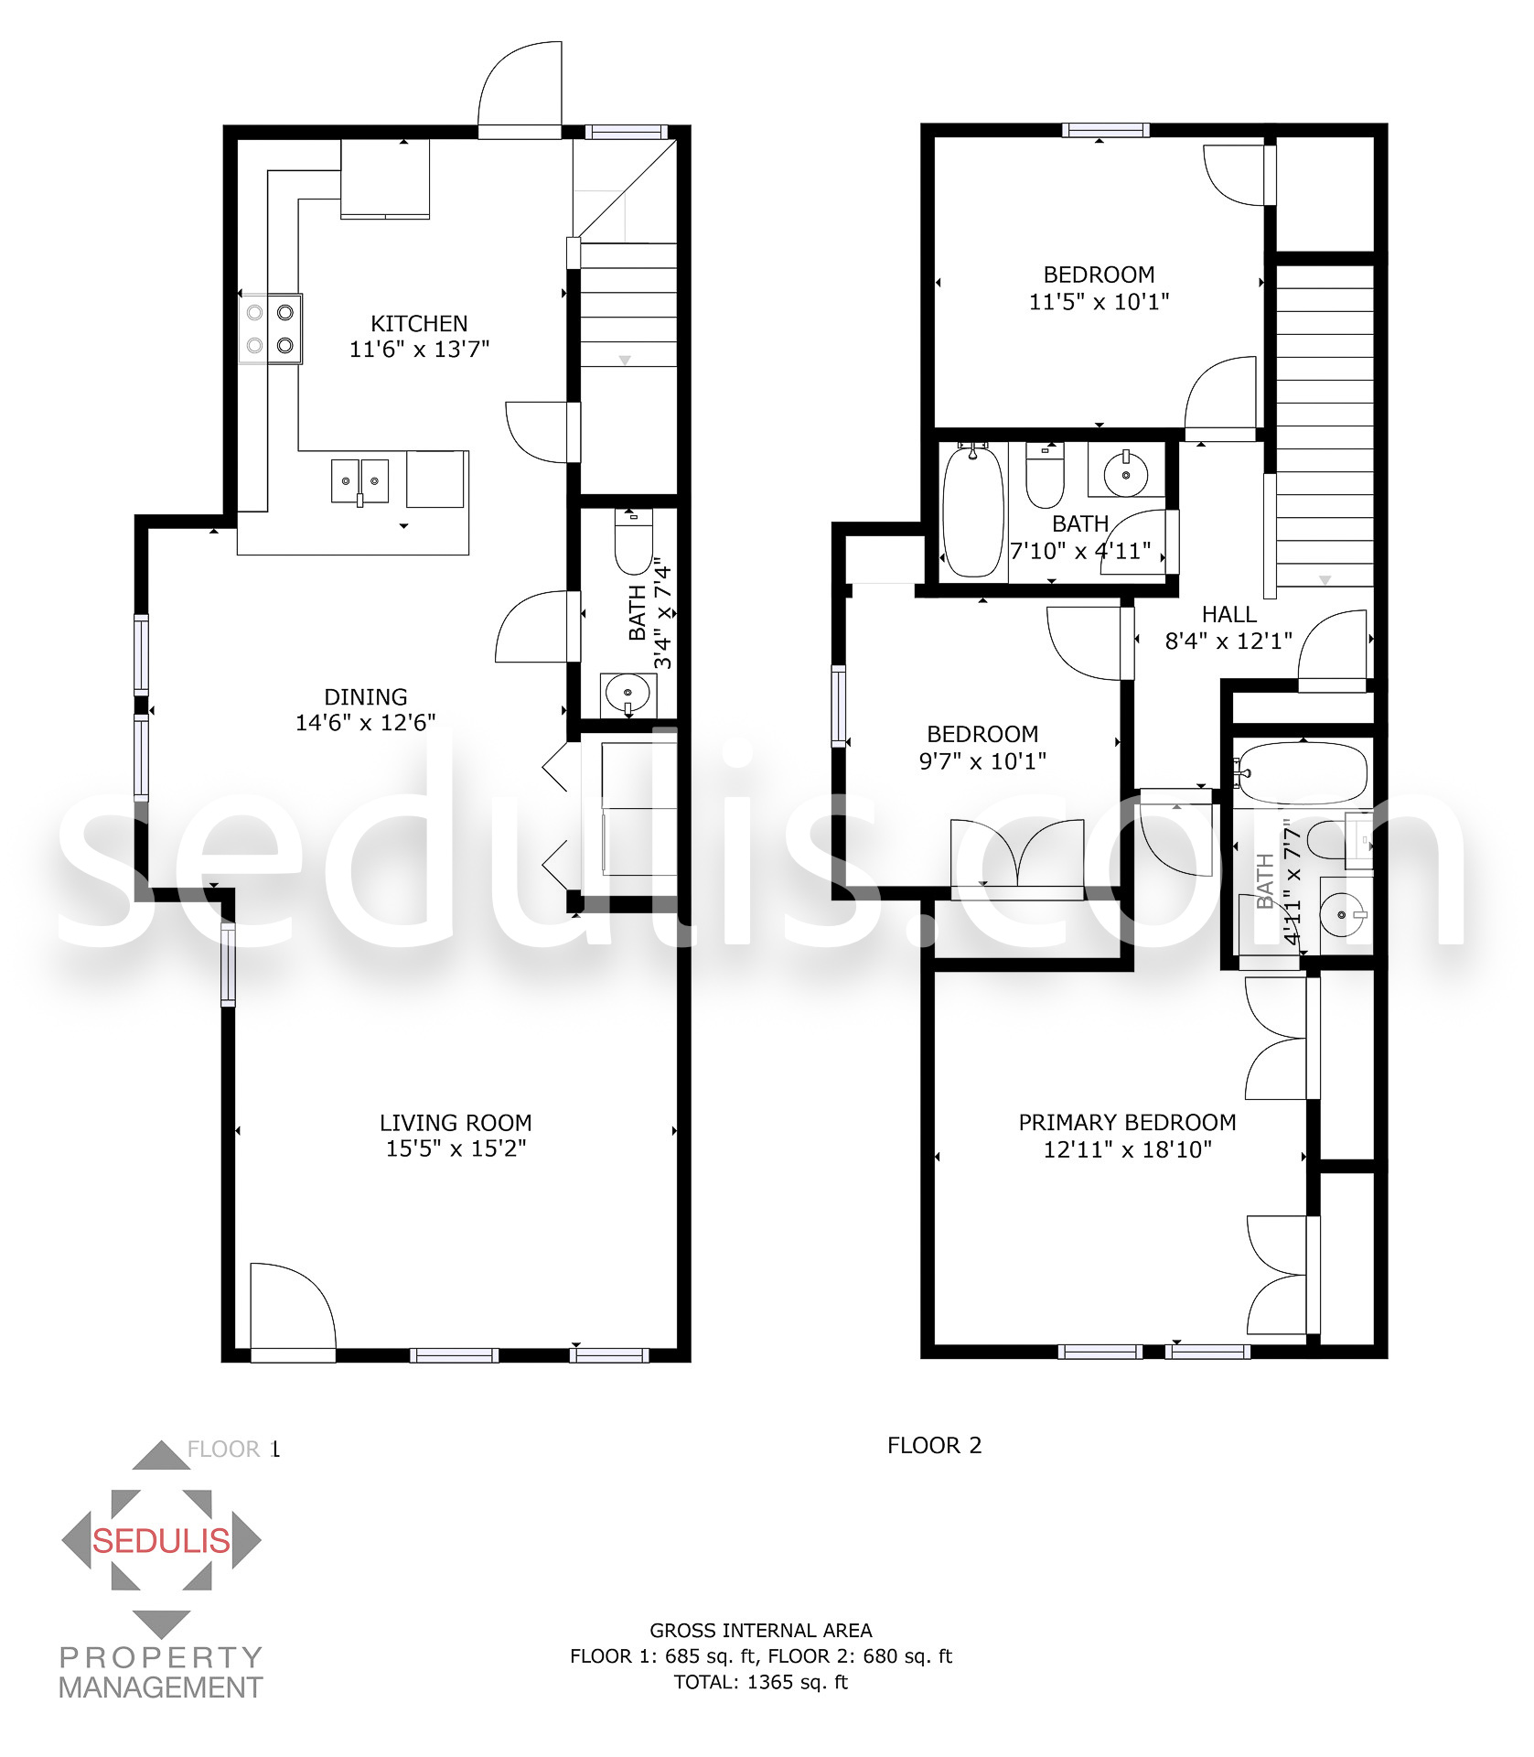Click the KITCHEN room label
pos(419,324)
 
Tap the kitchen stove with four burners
pos(271,329)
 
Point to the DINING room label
pos(366,697)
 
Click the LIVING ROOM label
pos(456,1123)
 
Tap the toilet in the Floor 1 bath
pos(633,542)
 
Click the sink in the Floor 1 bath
pos(628,695)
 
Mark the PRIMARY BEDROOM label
pos(1127,1123)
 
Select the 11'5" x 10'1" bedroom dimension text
pos(1099,302)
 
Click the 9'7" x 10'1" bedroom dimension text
pos(982,761)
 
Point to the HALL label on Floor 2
pos(1228,614)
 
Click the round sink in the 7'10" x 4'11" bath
pos(1126,474)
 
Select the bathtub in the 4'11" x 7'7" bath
pos(1301,774)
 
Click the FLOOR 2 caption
pos(934,1446)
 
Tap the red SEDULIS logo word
pos(161,1541)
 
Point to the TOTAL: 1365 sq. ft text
pos(761,1682)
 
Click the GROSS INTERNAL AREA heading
pos(761,1631)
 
